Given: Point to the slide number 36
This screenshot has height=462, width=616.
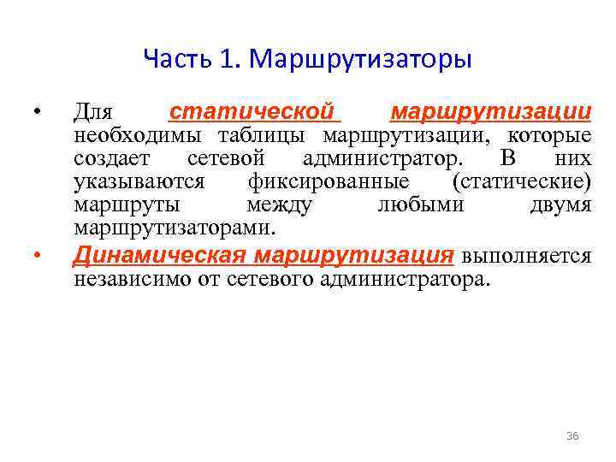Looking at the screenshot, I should (572, 436).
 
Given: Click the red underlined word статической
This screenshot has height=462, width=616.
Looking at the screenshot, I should (250, 112).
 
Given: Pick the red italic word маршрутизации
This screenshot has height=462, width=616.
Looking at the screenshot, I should (489, 112).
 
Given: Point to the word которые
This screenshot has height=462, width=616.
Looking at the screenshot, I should (548, 136).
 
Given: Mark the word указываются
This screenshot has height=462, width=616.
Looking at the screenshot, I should (139, 182).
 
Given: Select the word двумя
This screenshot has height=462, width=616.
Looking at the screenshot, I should (560, 205).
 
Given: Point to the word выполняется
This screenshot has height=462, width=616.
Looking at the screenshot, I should (526, 256).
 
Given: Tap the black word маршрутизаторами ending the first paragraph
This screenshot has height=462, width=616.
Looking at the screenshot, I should (174, 228).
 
